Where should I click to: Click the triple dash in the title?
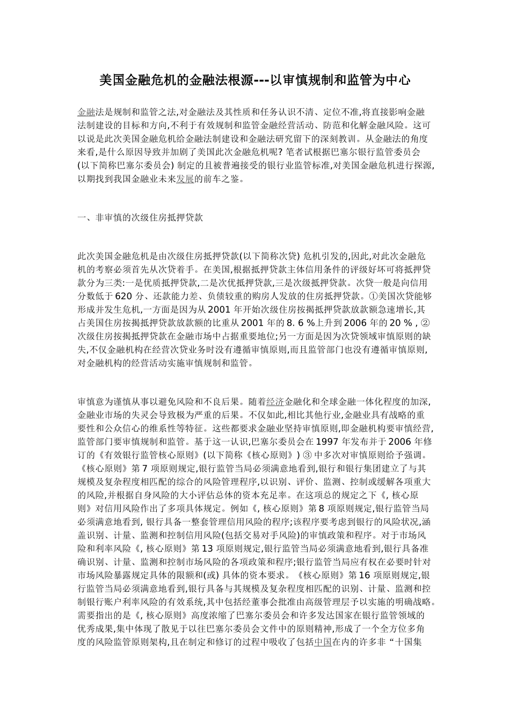(261, 80)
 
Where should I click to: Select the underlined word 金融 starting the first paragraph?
(86, 112)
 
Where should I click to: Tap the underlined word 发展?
(185, 179)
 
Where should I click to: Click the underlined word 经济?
(275, 401)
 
